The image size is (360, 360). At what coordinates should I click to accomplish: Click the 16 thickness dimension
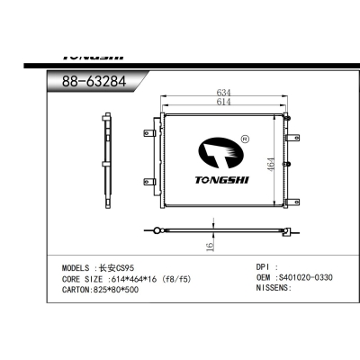tap(210, 245)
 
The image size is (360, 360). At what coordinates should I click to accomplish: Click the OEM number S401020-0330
tap(305, 278)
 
